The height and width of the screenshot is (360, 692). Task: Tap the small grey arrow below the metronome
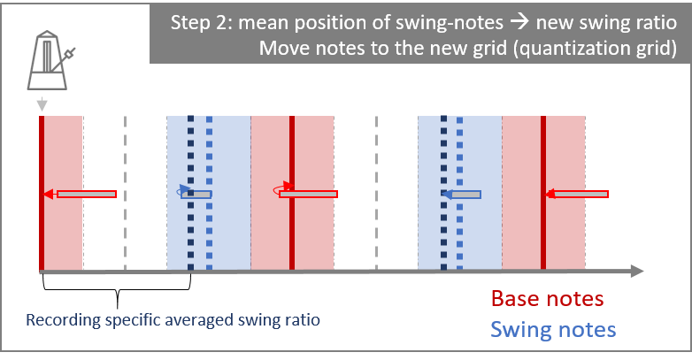point(42,104)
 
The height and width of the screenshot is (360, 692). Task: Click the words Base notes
point(547,299)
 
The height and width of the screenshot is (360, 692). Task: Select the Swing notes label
point(553,330)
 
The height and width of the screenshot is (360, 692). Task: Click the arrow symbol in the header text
point(519,22)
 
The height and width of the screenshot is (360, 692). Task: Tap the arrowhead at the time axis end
point(637,272)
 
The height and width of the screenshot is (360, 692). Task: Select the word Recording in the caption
point(63,320)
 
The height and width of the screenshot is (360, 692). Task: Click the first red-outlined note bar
point(87,194)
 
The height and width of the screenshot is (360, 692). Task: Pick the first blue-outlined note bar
point(196,194)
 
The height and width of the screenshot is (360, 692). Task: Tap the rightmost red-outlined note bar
point(581,194)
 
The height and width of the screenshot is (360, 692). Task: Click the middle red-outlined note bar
point(309,194)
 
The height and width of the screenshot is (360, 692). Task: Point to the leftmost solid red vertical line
point(42,193)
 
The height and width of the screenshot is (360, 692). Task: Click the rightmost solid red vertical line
point(543,193)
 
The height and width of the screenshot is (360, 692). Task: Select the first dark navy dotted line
point(190,193)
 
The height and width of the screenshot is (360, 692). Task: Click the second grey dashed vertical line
point(376,193)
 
